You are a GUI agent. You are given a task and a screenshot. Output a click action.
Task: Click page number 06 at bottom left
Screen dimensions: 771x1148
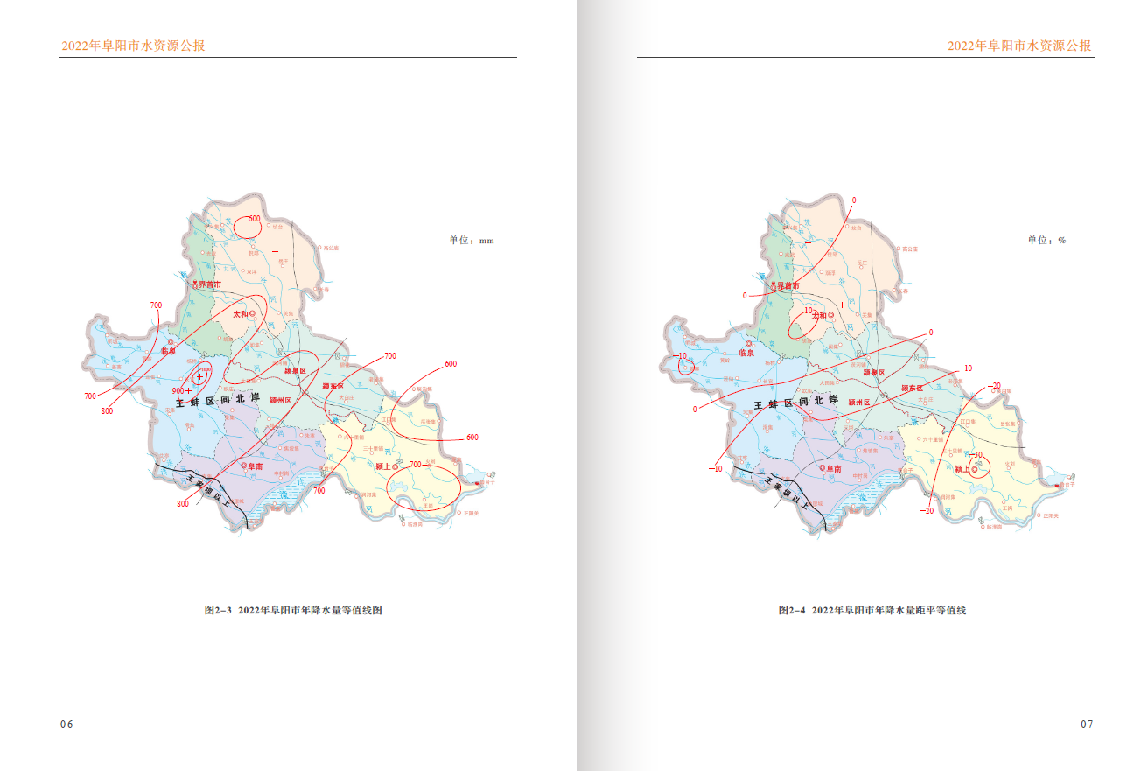click(66, 724)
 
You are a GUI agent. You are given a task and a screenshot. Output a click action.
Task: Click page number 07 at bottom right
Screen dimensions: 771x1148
click(1087, 724)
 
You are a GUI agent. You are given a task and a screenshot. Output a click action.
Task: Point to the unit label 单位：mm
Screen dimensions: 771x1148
click(472, 240)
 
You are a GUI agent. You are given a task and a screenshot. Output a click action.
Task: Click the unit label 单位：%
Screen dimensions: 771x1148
click(1046, 240)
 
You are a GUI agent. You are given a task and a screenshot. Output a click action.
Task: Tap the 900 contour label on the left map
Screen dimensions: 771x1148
click(178, 390)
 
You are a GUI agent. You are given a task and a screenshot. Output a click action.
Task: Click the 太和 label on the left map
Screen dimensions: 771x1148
click(241, 312)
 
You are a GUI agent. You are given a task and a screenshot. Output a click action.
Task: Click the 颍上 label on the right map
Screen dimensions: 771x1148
click(962, 469)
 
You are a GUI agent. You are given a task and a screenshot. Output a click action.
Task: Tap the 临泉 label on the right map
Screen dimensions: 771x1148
click(746, 353)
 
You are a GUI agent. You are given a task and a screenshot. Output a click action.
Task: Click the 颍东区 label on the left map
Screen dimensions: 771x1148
click(333, 386)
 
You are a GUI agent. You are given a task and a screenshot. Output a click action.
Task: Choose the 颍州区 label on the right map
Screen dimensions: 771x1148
click(855, 402)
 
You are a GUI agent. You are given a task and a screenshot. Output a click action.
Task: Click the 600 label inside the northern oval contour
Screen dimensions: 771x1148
click(255, 218)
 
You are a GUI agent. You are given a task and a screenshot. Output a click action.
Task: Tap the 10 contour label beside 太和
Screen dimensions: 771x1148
click(808, 311)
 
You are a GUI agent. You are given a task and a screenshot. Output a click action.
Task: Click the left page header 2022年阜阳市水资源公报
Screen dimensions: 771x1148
click(133, 46)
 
